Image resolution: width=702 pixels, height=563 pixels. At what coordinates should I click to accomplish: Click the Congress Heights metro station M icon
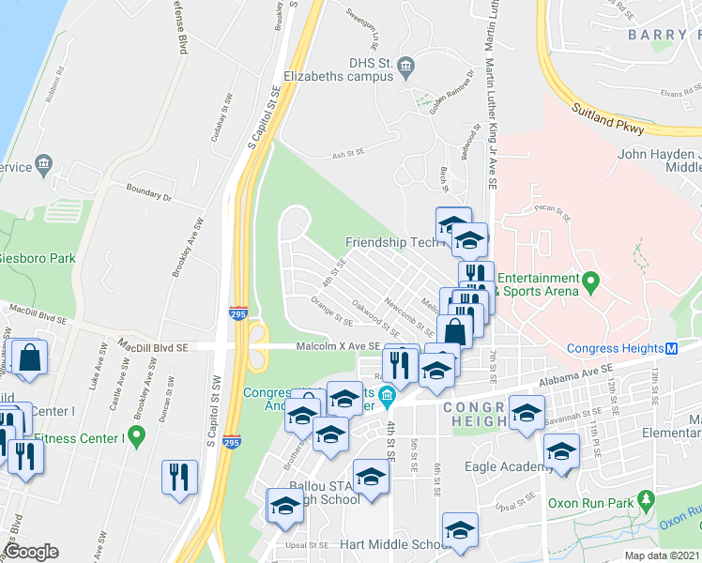pyautogui.click(x=672, y=349)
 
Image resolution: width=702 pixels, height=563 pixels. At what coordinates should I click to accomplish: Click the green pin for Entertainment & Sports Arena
pyautogui.click(x=590, y=281)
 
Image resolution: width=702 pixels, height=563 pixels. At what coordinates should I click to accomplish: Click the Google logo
pyautogui.click(x=30, y=552)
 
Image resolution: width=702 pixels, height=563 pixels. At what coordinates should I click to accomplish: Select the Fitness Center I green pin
pyautogui.click(x=136, y=435)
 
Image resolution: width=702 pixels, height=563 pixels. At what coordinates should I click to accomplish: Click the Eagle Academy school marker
pyautogui.click(x=561, y=452)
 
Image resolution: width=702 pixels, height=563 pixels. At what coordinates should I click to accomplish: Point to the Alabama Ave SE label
pyautogui.click(x=576, y=376)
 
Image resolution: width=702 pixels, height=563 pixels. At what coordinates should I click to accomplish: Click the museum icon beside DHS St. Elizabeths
pyautogui.click(x=405, y=65)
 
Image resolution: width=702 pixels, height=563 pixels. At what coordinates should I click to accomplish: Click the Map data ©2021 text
pyautogui.click(x=663, y=555)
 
